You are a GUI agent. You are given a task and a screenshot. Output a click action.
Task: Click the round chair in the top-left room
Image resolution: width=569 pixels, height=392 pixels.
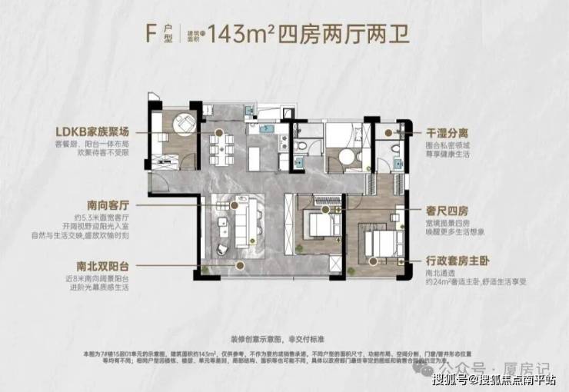tap(184, 124)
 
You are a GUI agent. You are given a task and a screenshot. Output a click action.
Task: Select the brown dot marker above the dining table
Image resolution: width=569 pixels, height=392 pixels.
tap(220, 132)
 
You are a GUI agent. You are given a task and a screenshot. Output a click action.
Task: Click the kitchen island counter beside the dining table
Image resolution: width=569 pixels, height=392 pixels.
tap(260, 146)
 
